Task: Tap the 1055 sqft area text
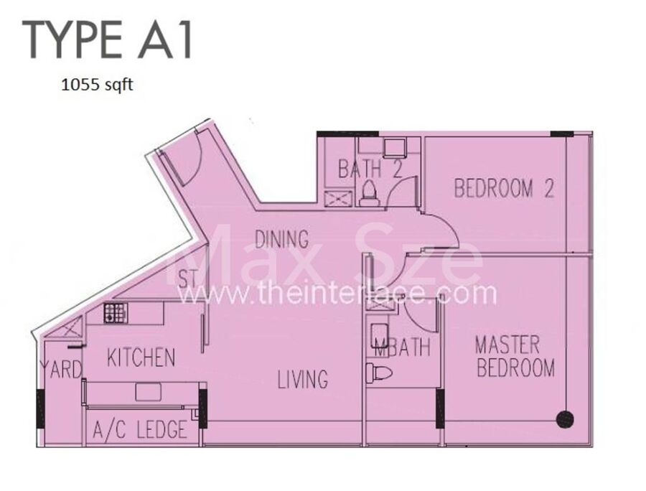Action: (x=97, y=85)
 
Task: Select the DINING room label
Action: (x=281, y=239)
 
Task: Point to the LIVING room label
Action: (x=303, y=379)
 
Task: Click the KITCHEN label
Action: (x=141, y=357)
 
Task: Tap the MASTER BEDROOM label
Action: (x=515, y=357)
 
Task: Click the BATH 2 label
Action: (x=370, y=169)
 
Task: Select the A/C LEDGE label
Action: (x=140, y=429)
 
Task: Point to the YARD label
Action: (x=61, y=369)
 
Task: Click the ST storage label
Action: (x=188, y=279)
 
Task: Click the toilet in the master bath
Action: (x=380, y=373)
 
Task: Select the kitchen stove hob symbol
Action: (x=115, y=313)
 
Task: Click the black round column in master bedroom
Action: (x=565, y=420)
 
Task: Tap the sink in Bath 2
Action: (x=394, y=148)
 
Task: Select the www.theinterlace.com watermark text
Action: (x=337, y=294)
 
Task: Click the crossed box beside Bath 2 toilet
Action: (x=338, y=198)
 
